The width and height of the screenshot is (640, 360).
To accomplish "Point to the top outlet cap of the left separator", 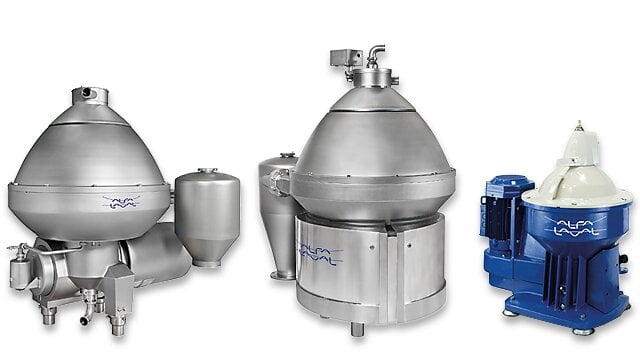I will coord(95,92).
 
